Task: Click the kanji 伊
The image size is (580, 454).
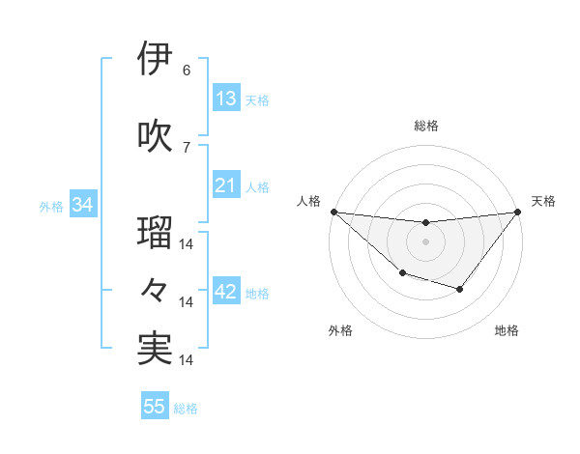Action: point(155,59)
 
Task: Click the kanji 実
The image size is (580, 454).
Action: point(155,349)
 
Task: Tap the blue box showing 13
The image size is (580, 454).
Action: point(226,99)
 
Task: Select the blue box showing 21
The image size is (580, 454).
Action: point(226,185)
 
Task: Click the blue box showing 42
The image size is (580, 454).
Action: point(226,293)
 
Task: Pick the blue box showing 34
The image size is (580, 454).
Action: point(82,205)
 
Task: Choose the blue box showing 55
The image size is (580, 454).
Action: point(155,407)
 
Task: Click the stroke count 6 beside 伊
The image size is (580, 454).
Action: point(187,71)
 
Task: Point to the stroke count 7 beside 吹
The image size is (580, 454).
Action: point(187,147)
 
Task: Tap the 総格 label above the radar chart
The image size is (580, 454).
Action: point(425,126)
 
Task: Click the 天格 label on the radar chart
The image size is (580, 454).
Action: point(544,201)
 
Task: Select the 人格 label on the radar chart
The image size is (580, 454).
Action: point(309,201)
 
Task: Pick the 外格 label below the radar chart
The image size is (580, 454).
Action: point(340,331)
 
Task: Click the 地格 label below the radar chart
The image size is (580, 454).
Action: point(507,331)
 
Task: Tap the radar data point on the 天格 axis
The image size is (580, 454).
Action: point(517,212)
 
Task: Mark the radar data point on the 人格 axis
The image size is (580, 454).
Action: point(333,212)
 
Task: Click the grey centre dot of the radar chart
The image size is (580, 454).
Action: point(425,241)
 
